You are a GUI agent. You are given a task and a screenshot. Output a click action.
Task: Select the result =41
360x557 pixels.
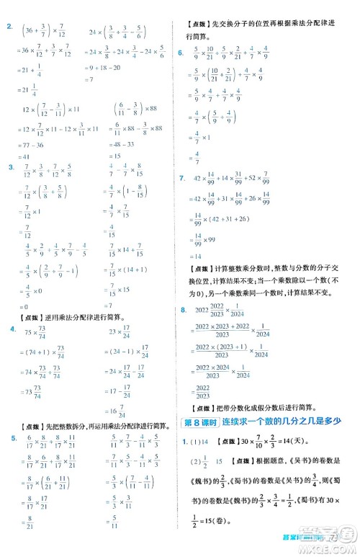tap(29, 156)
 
